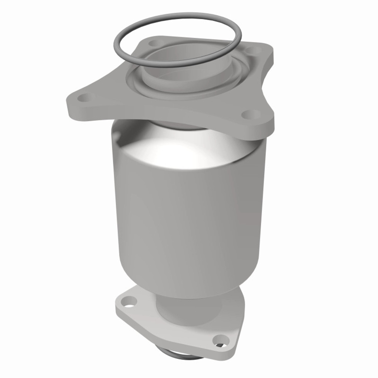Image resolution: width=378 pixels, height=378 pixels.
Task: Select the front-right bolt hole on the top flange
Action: point(247,114)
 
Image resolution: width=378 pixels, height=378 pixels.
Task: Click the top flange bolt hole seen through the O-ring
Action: point(153,44)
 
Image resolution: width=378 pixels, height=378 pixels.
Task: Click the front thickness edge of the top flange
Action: point(165,114)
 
